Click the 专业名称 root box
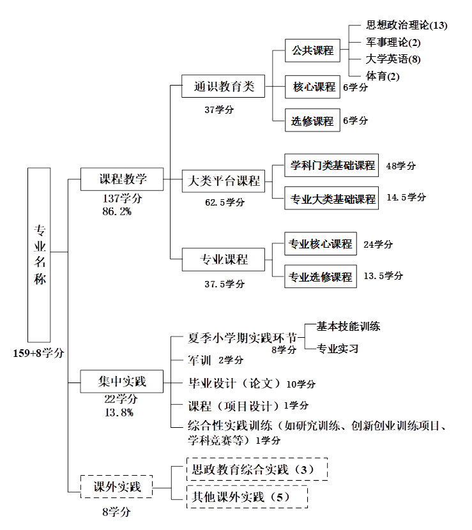coord(40,254)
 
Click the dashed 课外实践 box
coord(116,488)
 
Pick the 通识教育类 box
coord(224,86)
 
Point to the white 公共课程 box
coord(313,50)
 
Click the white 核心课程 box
coord(313,87)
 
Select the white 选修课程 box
coord(313,121)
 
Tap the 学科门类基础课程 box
coord(333,166)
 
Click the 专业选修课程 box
coord(320,277)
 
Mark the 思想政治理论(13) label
coord(407,26)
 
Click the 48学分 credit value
coord(401,166)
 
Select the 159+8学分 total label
coord(39,352)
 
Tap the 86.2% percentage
coord(117,211)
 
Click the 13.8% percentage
coord(118,413)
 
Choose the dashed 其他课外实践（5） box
coord(247,496)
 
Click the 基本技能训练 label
coord(349,326)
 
